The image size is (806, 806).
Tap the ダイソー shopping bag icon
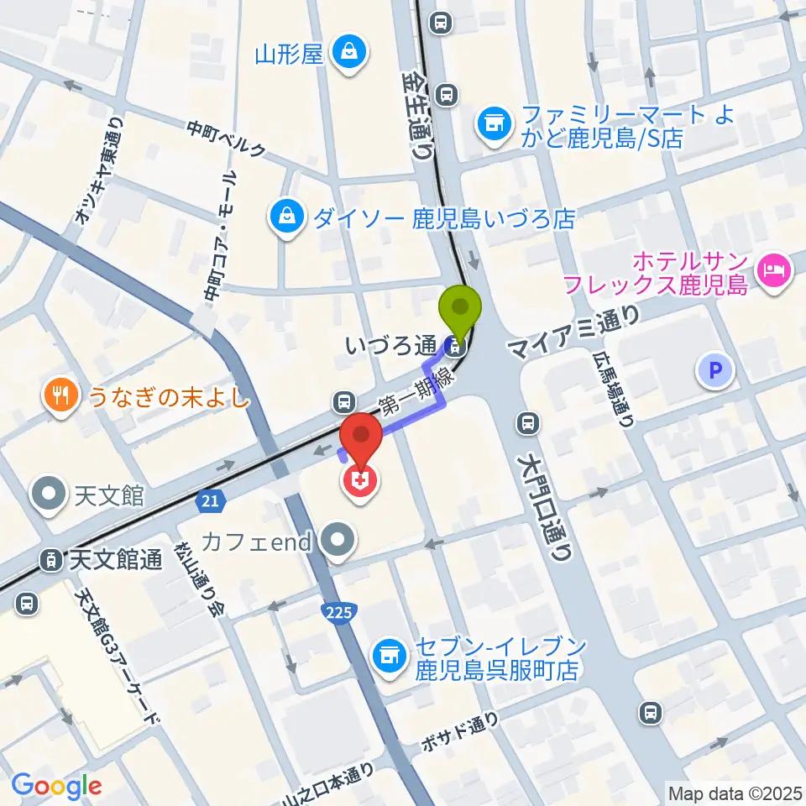point(287,219)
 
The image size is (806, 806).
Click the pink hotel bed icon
point(774,270)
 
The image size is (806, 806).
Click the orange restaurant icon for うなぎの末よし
point(60,395)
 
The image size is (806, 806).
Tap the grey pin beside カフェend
point(339,542)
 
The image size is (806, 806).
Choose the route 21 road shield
point(212,501)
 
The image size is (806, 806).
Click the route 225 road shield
point(338,613)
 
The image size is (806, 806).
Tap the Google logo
point(56,785)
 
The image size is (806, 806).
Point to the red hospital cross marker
point(359,481)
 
